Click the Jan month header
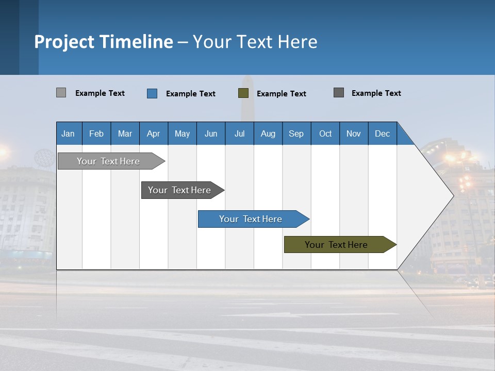click(x=68, y=133)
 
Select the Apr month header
click(x=153, y=133)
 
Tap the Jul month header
click(x=239, y=133)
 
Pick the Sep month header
click(x=296, y=133)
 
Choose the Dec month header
click(x=382, y=133)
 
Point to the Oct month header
click(x=325, y=133)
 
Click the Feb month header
click(x=96, y=133)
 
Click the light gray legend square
click(x=61, y=93)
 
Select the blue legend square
click(x=152, y=93)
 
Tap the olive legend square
click(x=243, y=93)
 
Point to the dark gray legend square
click(x=339, y=93)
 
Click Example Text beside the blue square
click(x=191, y=94)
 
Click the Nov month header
click(x=354, y=133)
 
